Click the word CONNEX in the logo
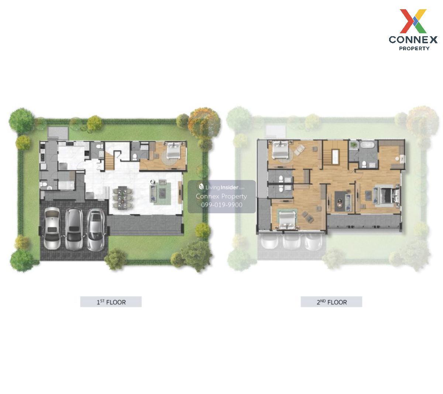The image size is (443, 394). click(413, 40)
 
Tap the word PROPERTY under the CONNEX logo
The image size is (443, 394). click(414, 48)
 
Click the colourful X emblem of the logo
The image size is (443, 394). click(413, 21)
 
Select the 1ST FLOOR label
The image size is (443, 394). click(111, 302)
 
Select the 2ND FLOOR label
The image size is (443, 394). click(332, 302)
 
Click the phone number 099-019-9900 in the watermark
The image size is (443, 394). click(222, 205)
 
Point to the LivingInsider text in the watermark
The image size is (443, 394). click(221, 187)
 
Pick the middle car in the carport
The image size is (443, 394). click(74, 229)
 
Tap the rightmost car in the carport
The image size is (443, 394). click(96, 230)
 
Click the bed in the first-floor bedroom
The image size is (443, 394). click(174, 150)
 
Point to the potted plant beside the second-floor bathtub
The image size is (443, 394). click(353, 145)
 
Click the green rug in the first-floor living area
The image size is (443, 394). click(161, 194)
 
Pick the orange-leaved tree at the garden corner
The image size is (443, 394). click(204, 123)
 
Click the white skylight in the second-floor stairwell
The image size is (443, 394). click(335, 157)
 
